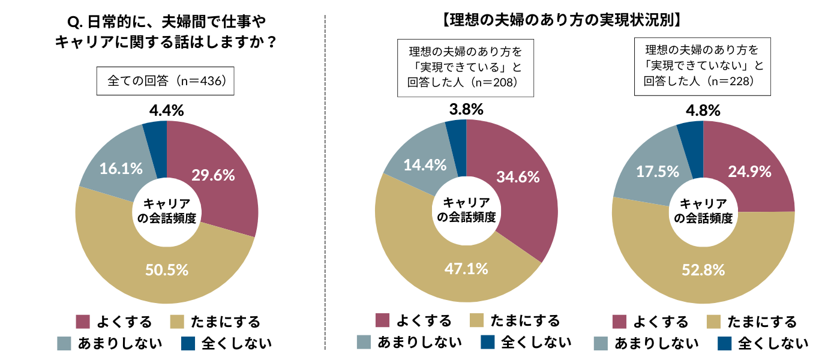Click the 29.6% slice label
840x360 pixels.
coord(213,175)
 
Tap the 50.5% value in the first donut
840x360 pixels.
coord(167,270)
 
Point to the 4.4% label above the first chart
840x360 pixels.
coord(166,110)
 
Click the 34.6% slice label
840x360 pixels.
coord(518,177)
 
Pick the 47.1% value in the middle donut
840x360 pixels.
coord(466,268)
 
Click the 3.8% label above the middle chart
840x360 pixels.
coord(466,110)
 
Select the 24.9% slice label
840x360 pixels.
coord(749,172)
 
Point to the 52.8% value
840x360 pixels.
coord(703,270)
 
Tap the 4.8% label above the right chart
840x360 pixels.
coord(703,110)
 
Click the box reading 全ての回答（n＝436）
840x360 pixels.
coord(166,82)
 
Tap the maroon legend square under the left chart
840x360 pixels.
coord(83,322)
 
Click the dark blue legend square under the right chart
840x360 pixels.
coord(725,343)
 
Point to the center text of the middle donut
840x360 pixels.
coord(466,210)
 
